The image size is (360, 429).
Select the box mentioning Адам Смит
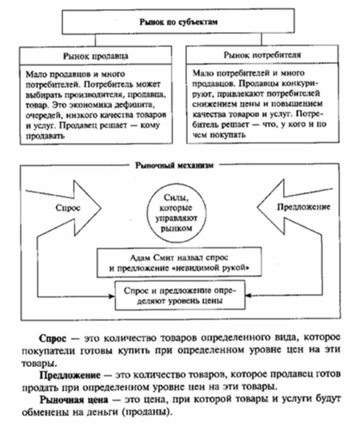[x=181, y=262]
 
